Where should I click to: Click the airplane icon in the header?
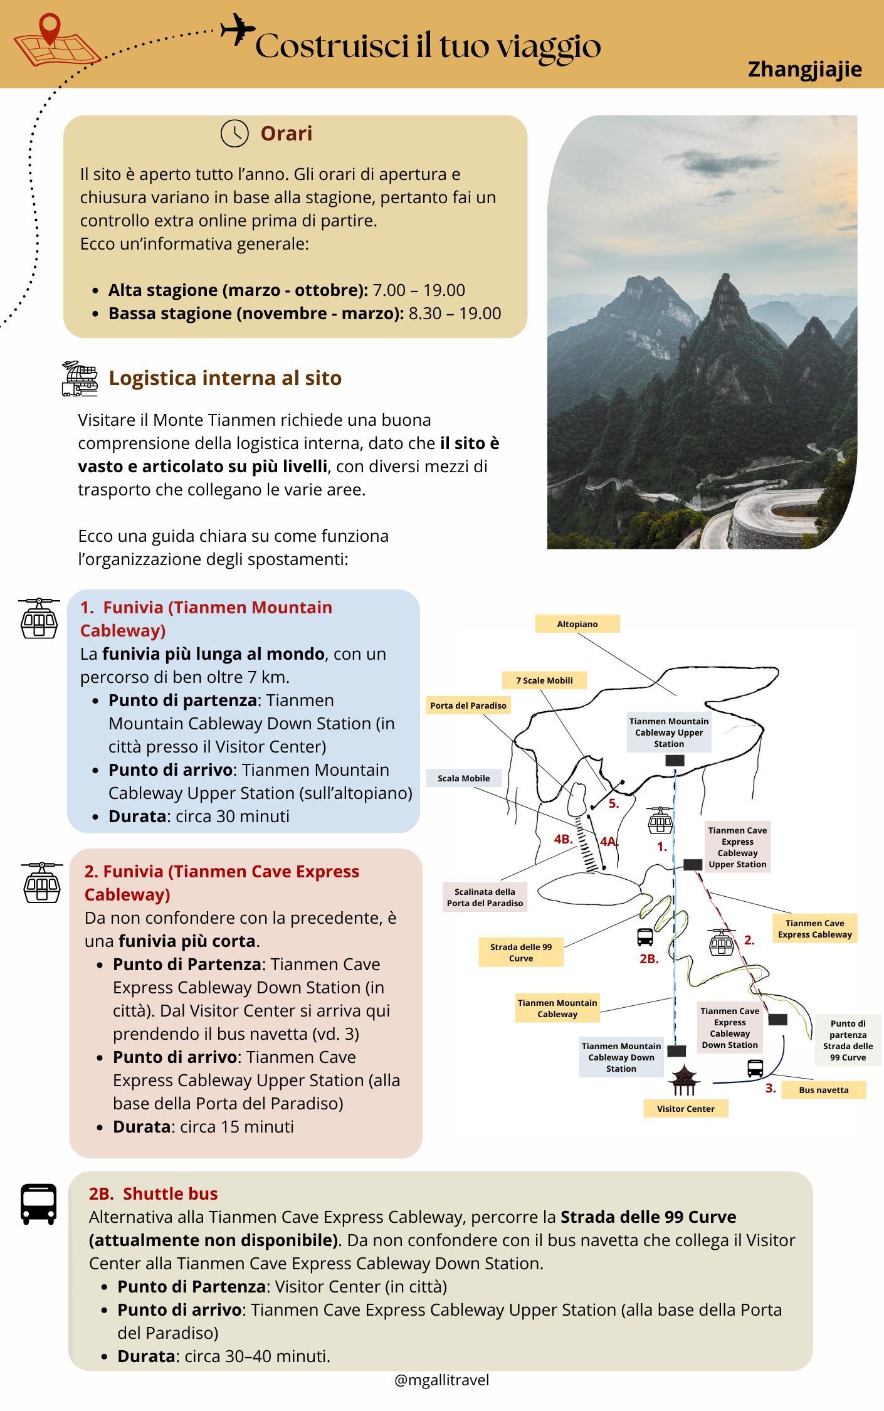(x=238, y=29)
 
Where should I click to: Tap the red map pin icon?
(x=50, y=28)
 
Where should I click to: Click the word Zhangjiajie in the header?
(x=804, y=69)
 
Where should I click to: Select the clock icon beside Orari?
(x=234, y=134)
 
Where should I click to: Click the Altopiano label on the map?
(x=577, y=624)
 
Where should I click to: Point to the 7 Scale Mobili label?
(x=544, y=680)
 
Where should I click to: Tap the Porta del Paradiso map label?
(x=468, y=705)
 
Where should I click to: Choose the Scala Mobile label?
(x=464, y=778)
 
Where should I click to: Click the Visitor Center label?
(x=685, y=1109)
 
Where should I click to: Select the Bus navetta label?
(x=823, y=1090)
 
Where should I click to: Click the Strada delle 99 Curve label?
(x=521, y=953)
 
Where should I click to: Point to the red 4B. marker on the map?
(x=563, y=839)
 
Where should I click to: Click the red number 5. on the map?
(x=614, y=804)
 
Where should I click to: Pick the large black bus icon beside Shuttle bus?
(x=39, y=1204)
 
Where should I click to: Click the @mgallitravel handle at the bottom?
(x=442, y=1380)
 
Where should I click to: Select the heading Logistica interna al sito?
(x=225, y=378)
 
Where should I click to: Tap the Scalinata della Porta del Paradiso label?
(x=485, y=897)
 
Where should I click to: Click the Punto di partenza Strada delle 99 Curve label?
(x=848, y=1040)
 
